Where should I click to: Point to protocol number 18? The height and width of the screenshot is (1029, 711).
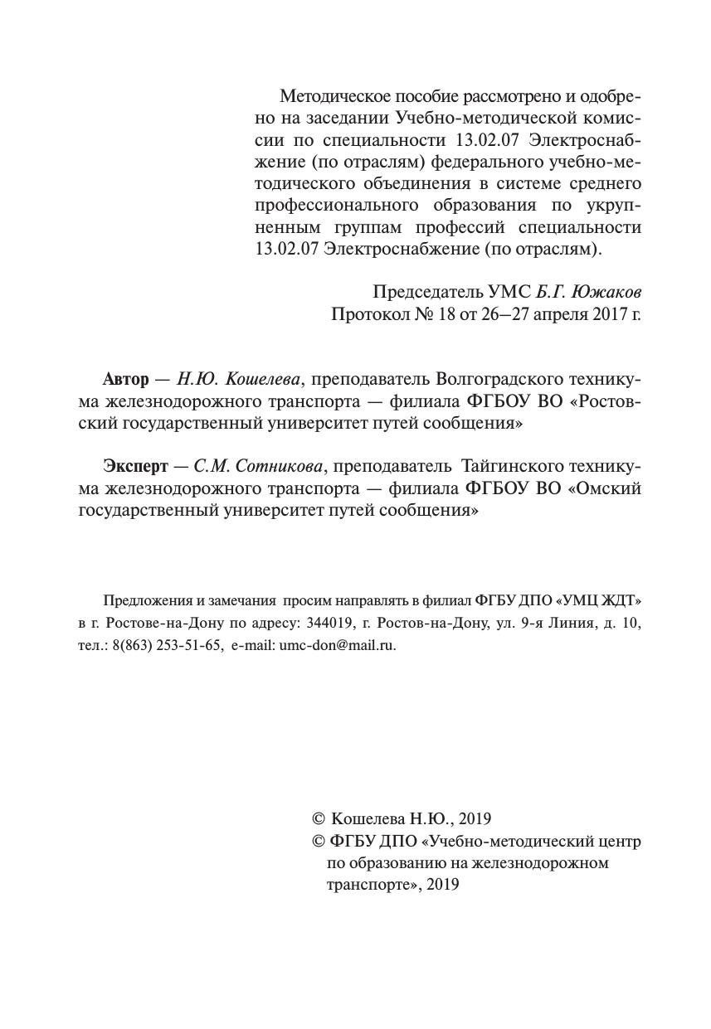click(436, 314)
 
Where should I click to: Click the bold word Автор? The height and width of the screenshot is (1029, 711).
click(126, 379)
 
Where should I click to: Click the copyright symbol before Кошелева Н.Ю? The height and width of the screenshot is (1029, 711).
click(317, 819)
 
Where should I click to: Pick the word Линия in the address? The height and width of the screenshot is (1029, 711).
click(572, 623)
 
